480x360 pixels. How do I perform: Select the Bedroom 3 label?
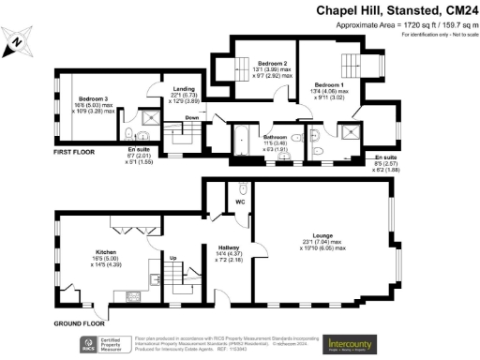94,98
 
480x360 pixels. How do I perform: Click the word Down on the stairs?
191,118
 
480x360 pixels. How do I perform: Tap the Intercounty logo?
357,344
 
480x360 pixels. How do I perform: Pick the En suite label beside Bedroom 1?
383,157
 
